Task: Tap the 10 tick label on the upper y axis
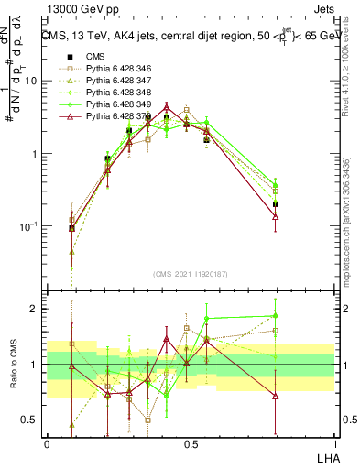coord(30,81)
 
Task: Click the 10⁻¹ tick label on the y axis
coord(27,225)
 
